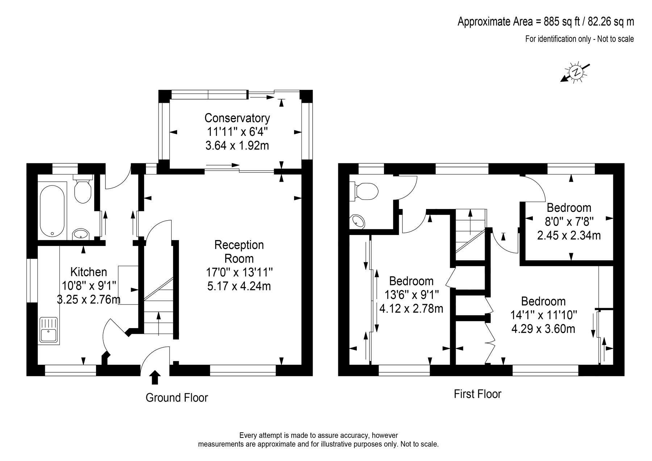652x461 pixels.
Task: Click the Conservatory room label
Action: (x=237, y=118)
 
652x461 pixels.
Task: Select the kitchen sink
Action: (x=48, y=330)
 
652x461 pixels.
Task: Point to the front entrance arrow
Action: (x=155, y=377)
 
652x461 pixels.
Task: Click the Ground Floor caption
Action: (x=177, y=398)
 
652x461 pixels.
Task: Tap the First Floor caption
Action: (x=477, y=394)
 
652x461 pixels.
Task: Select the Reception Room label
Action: (x=239, y=252)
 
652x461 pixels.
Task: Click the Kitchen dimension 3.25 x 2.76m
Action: (x=89, y=299)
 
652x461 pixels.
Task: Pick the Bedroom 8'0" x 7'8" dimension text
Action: (x=569, y=222)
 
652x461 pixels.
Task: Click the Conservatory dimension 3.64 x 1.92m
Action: (x=237, y=146)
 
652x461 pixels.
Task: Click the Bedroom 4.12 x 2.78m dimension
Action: (x=411, y=309)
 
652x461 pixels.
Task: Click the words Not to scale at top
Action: (x=616, y=39)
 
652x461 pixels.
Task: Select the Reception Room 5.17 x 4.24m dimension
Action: (x=239, y=286)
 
